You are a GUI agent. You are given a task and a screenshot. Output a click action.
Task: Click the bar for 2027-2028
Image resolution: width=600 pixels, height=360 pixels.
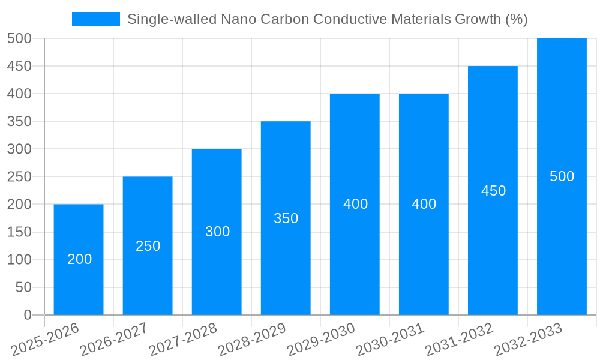217,264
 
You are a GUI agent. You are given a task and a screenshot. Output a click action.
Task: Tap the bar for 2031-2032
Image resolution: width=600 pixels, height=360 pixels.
493,240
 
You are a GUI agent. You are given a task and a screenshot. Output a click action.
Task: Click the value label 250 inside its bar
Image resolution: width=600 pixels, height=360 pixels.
148,246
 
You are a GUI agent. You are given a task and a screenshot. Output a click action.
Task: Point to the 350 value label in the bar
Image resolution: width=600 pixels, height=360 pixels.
286,218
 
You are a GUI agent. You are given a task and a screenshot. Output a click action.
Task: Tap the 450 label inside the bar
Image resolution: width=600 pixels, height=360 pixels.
494,191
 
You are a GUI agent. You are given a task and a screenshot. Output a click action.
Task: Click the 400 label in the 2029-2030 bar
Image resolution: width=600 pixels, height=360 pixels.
355,204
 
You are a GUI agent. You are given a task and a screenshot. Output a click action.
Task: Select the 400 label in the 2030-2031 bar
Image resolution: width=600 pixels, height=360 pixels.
424,204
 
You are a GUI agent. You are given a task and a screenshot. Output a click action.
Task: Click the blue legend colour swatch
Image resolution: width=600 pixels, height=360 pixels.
96,19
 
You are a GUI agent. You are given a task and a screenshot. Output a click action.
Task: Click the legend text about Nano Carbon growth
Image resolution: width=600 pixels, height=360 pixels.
327,19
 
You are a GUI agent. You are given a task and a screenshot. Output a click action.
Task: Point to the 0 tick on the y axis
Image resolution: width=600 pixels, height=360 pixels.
27,315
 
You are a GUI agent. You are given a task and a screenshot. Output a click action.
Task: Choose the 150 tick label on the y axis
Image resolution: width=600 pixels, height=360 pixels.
19,232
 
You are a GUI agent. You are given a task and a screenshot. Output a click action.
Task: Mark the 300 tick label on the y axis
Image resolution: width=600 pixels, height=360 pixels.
19,149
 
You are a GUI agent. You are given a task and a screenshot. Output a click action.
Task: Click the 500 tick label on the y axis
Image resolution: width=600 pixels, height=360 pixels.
19,38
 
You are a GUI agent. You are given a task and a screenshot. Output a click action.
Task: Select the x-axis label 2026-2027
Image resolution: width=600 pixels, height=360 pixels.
115,340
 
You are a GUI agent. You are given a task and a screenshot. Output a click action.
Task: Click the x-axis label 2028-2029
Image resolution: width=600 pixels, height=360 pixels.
253,340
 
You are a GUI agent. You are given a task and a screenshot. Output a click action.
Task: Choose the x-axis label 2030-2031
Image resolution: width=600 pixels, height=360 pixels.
391,340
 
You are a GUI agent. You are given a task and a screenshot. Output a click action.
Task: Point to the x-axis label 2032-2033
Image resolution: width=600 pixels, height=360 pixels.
529,340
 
